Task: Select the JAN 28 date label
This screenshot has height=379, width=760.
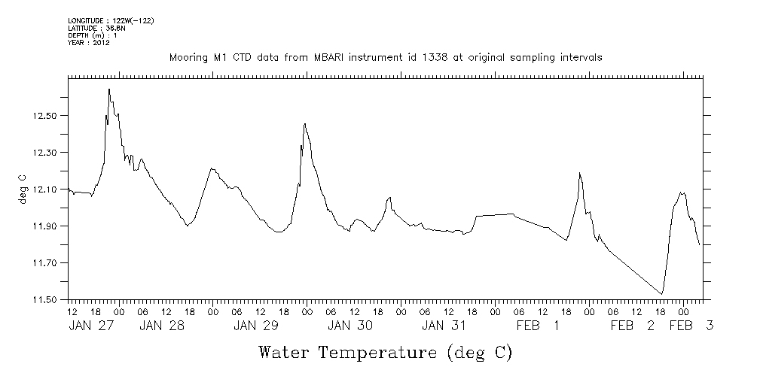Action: pos(162,326)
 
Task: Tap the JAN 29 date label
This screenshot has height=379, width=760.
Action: pos(255,326)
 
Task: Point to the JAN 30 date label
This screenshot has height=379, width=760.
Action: pos(349,326)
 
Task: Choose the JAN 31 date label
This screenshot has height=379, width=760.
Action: pos(443,326)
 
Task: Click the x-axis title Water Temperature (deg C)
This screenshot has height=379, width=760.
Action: pos(386,352)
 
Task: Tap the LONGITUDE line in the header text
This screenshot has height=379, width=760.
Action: pos(111,20)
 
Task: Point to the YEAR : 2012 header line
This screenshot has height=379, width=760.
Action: pos(90,43)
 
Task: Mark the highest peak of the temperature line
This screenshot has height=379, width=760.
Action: pos(109,89)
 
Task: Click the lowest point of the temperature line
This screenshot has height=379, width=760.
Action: pos(661,294)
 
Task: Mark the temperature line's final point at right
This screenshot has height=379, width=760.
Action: pos(700,245)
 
